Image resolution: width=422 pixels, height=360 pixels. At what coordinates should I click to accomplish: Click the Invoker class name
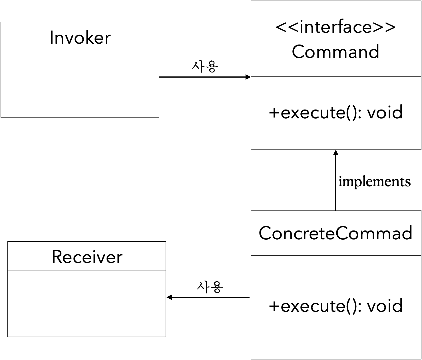click(x=80, y=38)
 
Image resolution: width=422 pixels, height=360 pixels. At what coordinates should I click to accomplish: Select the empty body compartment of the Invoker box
click(x=80, y=84)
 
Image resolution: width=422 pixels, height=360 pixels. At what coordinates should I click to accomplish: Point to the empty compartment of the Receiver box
click(x=87, y=303)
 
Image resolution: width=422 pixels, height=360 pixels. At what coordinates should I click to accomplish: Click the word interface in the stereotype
click(x=335, y=27)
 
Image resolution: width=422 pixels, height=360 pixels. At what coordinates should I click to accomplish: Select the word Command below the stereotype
click(x=335, y=52)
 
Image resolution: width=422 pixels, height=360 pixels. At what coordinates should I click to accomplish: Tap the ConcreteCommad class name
click(x=335, y=233)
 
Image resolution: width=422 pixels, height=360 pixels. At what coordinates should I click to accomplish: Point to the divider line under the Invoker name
click(x=80, y=51)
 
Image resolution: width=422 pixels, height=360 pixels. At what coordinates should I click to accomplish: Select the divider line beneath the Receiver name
click(x=87, y=270)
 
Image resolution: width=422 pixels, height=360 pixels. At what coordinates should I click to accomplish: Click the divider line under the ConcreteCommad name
click(x=335, y=255)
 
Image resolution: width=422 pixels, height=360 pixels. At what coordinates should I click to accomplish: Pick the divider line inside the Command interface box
click(x=335, y=77)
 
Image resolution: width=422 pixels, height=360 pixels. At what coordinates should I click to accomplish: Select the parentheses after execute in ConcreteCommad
click(x=350, y=306)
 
